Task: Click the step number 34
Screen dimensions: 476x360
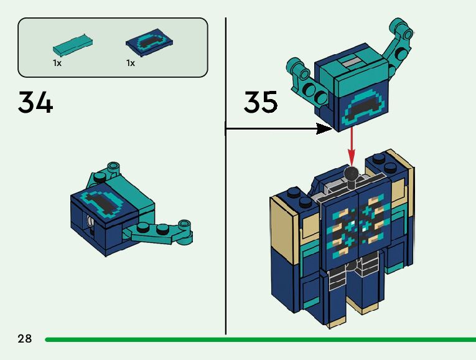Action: [x=35, y=103]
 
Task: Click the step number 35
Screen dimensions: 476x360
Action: [x=260, y=103]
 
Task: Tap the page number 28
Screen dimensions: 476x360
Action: [x=25, y=339]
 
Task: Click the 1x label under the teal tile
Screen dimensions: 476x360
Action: [x=57, y=63]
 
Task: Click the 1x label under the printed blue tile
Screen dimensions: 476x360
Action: [x=131, y=63]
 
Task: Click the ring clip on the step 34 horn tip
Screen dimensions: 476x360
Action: [x=184, y=225]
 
